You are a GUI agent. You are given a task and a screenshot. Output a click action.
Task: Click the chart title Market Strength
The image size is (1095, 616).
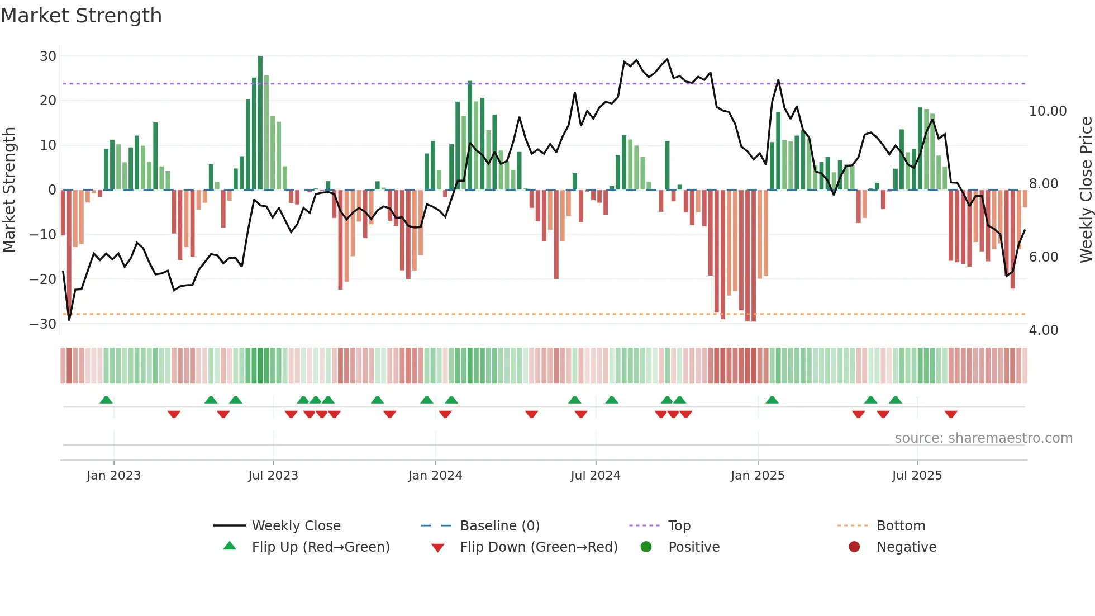click(81, 16)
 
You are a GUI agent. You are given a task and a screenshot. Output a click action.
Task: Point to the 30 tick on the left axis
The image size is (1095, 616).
click(48, 56)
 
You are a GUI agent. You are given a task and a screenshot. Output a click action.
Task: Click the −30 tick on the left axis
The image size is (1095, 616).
click(43, 324)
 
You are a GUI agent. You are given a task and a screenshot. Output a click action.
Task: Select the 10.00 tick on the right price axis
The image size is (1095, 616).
click(1048, 111)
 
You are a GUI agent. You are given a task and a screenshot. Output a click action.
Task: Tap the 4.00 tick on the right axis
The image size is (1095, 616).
click(1043, 330)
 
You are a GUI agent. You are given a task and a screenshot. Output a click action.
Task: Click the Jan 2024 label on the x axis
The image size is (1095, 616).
click(435, 476)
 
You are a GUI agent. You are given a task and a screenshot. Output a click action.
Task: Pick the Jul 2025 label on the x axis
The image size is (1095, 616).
click(917, 476)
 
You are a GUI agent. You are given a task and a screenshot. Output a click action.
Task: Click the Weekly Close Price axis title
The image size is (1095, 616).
click(1086, 190)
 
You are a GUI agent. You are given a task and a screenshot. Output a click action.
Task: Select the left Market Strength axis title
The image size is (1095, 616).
click(9, 190)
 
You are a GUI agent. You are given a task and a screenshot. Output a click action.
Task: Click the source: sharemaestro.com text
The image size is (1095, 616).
click(983, 438)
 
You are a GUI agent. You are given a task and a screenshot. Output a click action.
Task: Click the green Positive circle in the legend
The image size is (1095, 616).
click(646, 547)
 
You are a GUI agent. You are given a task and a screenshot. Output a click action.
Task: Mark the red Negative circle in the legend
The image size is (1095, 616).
click(854, 547)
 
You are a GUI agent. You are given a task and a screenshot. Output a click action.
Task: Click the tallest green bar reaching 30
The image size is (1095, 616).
click(260, 123)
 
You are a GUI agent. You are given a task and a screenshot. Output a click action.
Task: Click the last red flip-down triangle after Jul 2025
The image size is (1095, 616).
click(951, 414)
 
